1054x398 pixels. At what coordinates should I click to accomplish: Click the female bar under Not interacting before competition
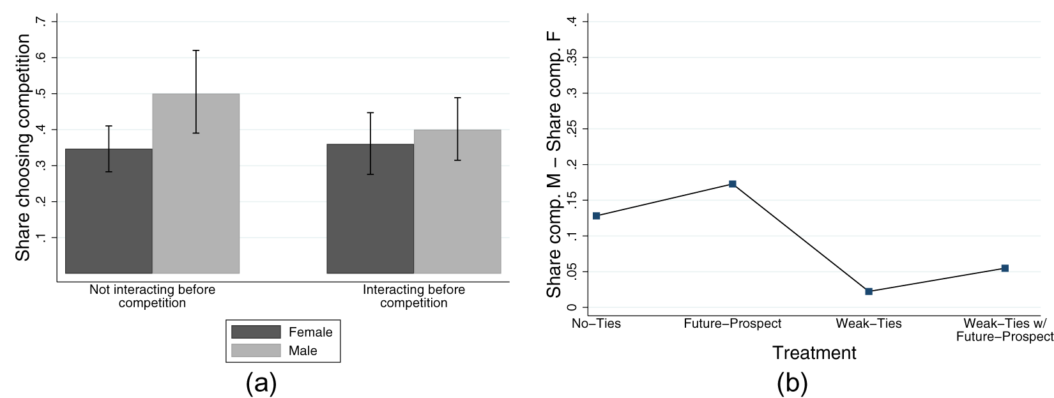click(x=109, y=211)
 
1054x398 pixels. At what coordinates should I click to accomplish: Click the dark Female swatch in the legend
click(x=256, y=332)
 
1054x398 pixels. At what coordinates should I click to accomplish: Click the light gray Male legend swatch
click(x=256, y=351)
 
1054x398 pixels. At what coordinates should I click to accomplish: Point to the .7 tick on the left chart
click(x=42, y=22)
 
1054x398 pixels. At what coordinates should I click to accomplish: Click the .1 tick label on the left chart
click(x=42, y=238)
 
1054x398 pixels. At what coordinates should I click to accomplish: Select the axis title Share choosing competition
click(x=23, y=147)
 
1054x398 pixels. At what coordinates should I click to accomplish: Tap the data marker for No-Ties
click(x=596, y=216)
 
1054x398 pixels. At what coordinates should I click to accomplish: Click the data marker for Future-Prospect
click(x=733, y=184)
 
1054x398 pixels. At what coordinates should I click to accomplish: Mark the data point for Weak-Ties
click(x=869, y=291)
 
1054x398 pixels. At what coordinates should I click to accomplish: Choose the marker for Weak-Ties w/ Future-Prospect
click(x=1005, y=268)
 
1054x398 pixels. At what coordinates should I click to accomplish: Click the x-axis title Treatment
click(x=814, y=353)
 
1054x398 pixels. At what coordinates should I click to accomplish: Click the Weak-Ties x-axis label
click(x=869, y=324)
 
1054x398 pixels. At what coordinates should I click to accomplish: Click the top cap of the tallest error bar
click(x=196, y=50)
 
